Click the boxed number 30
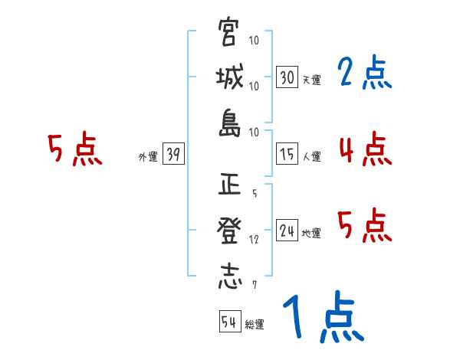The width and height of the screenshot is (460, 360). (287, 78)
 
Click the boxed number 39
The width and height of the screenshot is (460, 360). (173, 155)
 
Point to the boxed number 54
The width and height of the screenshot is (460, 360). (229, 322)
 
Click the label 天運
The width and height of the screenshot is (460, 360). (311, 80)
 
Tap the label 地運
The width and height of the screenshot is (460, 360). (311, 233)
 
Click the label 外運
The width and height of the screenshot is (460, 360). (147, 157)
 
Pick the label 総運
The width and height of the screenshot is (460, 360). (255, 324)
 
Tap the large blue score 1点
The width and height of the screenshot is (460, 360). (321, 318)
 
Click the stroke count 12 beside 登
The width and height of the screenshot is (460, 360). (254, 239)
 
